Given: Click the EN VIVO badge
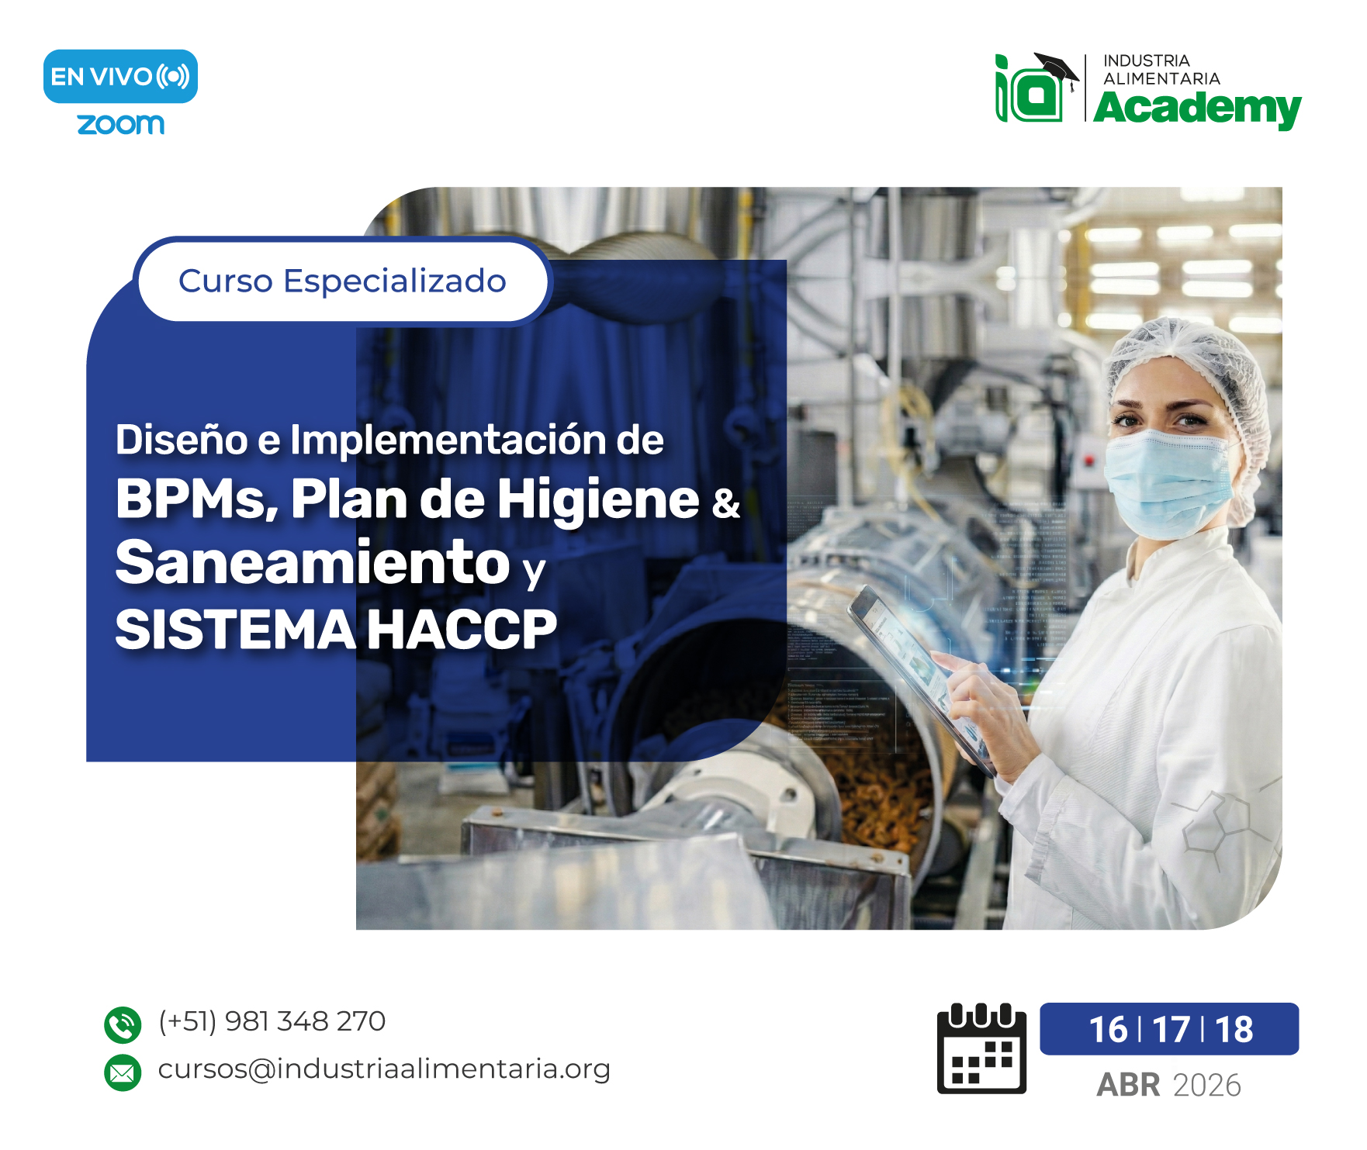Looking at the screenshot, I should click(x=120, y=77).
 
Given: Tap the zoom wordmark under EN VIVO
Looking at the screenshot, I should click(x=120, y=124).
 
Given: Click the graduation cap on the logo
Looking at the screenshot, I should click(x=1057, y=67).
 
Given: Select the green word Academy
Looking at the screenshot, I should click(x=1197, y=109).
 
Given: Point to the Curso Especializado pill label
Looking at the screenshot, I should click(x=342, y=281).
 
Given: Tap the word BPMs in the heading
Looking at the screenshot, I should click(x=196, y=499).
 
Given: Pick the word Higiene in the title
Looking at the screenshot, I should click(x=598, y=499).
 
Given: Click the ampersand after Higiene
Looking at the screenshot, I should click(x=725, y=502).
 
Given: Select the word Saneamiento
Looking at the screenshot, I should click(x=312, y=562).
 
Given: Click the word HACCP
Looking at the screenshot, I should click(x=462, y=629).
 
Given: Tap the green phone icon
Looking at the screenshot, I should click(x=123, y=1025).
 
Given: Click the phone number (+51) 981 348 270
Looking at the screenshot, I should click(x=272, y=1021).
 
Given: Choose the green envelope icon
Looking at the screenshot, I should click(x=123, y=1072).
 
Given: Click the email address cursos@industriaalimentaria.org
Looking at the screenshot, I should click(x=384, y=1069).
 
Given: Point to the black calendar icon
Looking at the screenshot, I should click(x=981, y=1048).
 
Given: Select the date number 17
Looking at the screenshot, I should click(x=1171, y=1030).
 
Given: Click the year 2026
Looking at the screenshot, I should click(x=1206, y=1086).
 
